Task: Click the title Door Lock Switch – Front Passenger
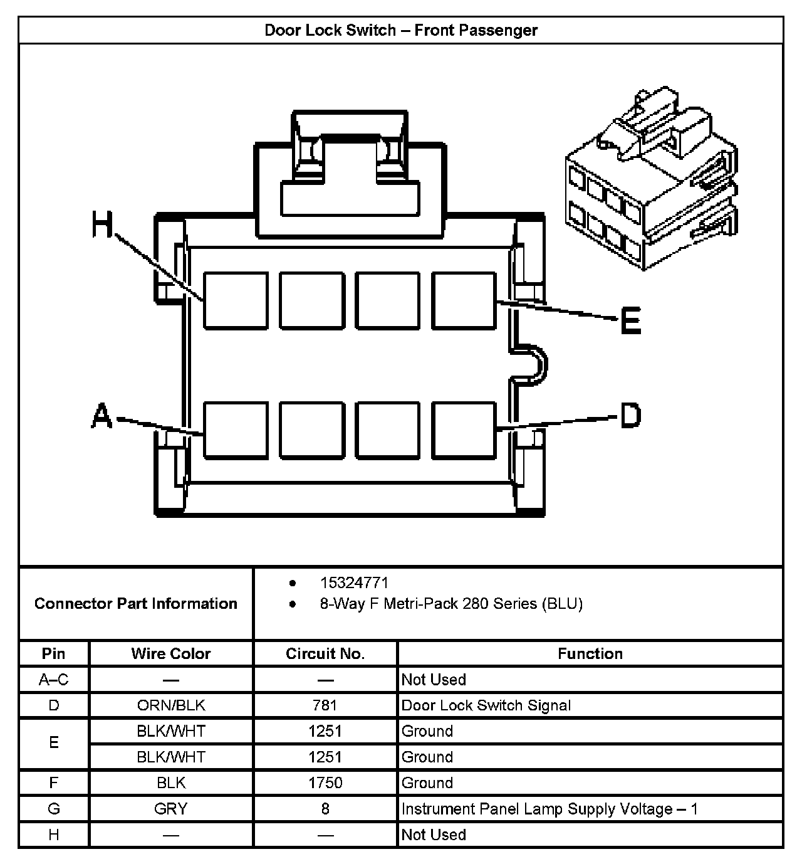(x=401, y=30)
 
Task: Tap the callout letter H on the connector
(x=102, y=224)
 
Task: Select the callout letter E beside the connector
(x=630, y=320)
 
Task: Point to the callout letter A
(x=102, y=416)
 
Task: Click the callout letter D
(x=630, y=416)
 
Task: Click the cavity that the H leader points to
(x=236, y=300)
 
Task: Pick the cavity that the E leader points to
(x=464, y=300)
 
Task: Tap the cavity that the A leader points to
(x=236, y=430)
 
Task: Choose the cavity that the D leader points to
(x=464, y=430)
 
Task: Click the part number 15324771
(x=354, y=582)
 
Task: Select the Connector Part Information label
(x=136, y=603)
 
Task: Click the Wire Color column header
(x=171, y=653)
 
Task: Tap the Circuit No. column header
(x=325, y=653)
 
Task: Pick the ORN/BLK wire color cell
(x=171, y=705)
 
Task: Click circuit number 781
(x=325, y=705)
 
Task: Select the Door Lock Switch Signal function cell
(x=486, y=705)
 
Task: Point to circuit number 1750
(x=325, y=782)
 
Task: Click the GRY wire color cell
(x=171, y=809)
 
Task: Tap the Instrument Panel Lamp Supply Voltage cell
(x=549, y=809)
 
